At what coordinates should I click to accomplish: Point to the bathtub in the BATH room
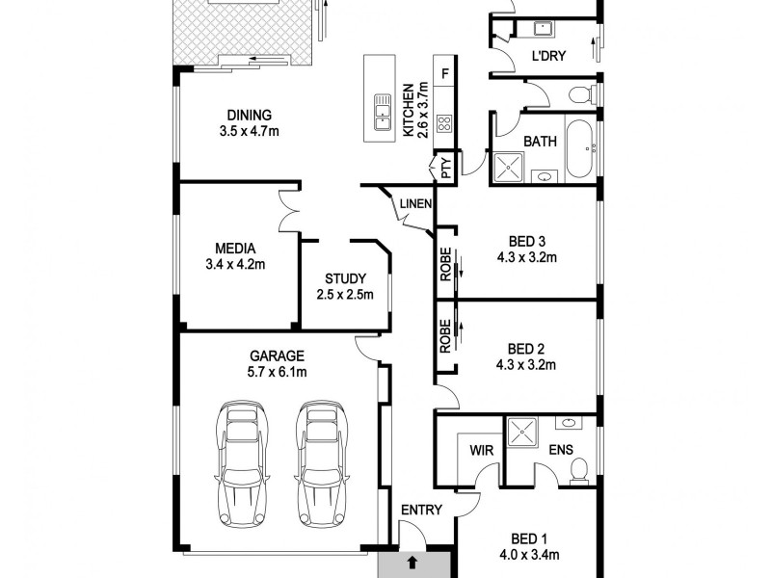pyautogui.click(x=579, y=148)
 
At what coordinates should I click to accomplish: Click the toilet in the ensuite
pyautogui.click(x=578, y=468)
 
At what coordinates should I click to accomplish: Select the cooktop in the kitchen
pyautogui.click(x=445, y=123)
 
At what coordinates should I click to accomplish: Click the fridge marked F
pyautogui.click(x=445, y=72)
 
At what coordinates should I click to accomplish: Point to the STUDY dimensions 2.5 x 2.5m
pyautogui.click(x=344, y=295)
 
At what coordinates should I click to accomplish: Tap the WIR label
pyautogui.click(x=482, y=450)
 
